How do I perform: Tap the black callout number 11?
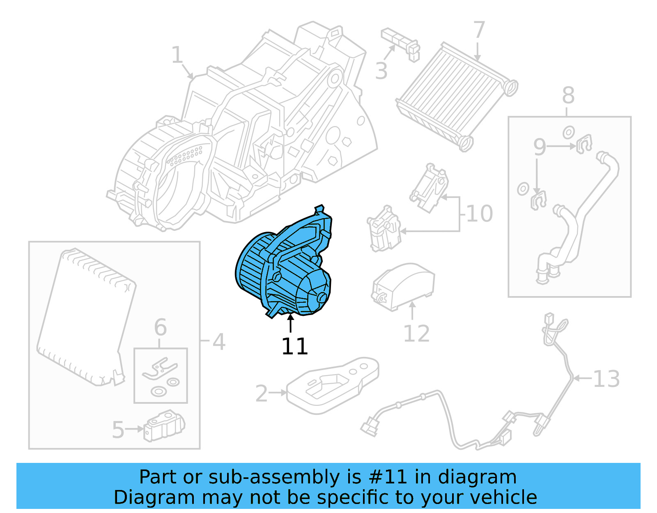pos(294,346)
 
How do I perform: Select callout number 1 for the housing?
pos(177,55)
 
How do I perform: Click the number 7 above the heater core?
pos(479,30)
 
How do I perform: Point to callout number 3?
pos(381,71)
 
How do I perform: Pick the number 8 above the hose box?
pos(568,96)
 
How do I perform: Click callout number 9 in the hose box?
pos(540,147)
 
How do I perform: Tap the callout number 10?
pos(480,214)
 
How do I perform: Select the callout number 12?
pos(416,334)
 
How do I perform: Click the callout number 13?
pos(606,379)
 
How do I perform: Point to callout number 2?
pos(262,393)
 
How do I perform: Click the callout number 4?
pos(219,342)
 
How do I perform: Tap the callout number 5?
pos(118,430)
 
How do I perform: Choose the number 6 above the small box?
pos(160,327)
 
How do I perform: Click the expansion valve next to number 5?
pos(164,426)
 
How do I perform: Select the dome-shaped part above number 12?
pos(402,286)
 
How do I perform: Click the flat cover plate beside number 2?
pos(333,384)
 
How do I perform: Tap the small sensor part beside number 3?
pos(400,43)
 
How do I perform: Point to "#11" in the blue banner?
pos(388,477)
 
